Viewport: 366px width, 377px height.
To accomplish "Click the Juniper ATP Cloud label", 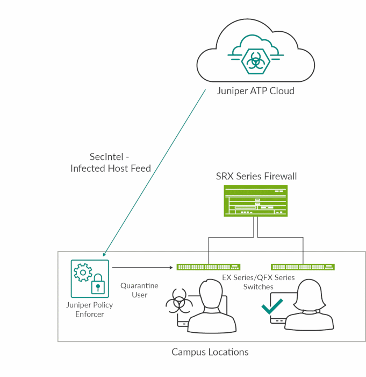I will coord(255,91).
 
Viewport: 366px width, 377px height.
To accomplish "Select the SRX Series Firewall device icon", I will coord(255,201).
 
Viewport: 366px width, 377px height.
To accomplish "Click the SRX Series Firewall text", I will coord(256,176).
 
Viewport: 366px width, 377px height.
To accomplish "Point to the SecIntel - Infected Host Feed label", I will coord(110,163).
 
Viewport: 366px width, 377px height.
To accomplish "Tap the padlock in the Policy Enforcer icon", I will coord(97,285).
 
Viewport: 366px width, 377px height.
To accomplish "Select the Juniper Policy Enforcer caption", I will coord(90,310).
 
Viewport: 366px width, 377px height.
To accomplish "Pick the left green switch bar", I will coord(208,267).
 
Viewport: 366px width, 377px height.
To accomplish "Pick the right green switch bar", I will coord(303,267).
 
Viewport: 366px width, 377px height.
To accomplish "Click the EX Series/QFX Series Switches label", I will coord(259,282).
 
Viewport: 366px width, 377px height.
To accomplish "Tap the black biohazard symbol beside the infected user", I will coord(178,304).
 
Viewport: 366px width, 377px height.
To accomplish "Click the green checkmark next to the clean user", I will coord(272,305).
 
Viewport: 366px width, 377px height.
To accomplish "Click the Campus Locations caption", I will coord(210,352).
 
